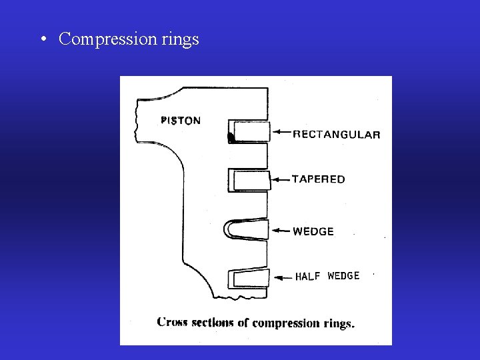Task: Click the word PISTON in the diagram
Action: click(x=181, y=121)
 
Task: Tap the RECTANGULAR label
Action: click(x=337, y=134)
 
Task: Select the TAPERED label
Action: click(x=319, y=179)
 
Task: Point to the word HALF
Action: click(x=308, y=277)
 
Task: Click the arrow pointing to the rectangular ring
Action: click(x=281, y=133)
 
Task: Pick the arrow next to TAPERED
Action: click(x=280, y=179)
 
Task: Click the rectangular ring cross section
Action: click(x=249, y=131)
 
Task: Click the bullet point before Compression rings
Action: click(x=42, y=39)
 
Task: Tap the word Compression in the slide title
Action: click(x=107, y=39)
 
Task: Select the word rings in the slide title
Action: click(x=180, y=40)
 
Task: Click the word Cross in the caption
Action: click(x=171, y=323)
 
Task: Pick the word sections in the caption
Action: click(x=212, y=323)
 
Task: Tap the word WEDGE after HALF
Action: click(x=343, y=276)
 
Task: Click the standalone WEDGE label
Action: click(x=313, y=232)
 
